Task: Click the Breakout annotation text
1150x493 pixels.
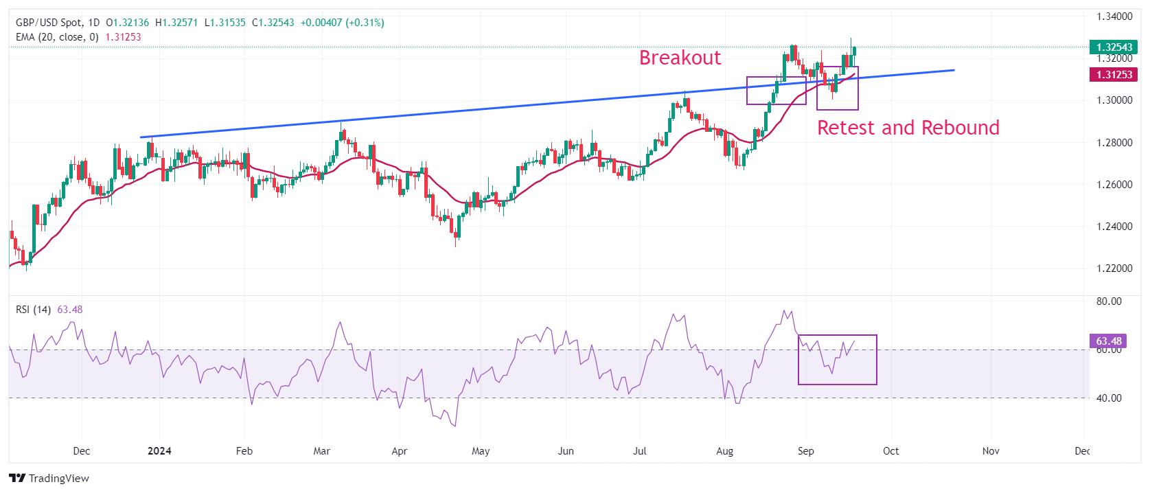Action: click(x=680, y=58)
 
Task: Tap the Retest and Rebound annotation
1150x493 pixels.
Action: click(x=908, y=128)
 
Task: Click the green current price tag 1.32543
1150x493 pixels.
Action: click(x=1114, y=47)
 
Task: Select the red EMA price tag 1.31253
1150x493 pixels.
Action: click(x=1114, y=75)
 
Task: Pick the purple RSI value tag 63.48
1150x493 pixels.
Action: click(x=1108, y=341)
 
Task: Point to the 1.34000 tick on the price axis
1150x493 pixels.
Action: click(x=1114, y=16)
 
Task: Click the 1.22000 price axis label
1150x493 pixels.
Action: click(x=1114, y=268)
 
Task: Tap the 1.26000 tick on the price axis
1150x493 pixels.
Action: click(x=1114, y=185)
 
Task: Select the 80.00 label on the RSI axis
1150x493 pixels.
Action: click(x=1109, y=301)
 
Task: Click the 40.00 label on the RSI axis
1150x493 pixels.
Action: click(x=1109, y=398)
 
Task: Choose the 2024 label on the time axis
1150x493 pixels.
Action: click(x=159, y=451)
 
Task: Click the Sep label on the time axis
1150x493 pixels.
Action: click(x=805, y=451)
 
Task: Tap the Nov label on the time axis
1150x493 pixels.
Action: click(x=990, y=451)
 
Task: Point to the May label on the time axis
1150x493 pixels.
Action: click(x=481, y=451)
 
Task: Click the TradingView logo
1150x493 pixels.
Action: click(x=49, y=479)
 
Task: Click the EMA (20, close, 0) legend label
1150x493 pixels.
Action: click(x=57, y=37)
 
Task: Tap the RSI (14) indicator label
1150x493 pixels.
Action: click(x=33, y=310)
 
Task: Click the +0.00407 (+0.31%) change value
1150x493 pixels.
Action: click(x=343, y=23)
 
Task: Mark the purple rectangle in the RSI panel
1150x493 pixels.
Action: click(x=837, y=360)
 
